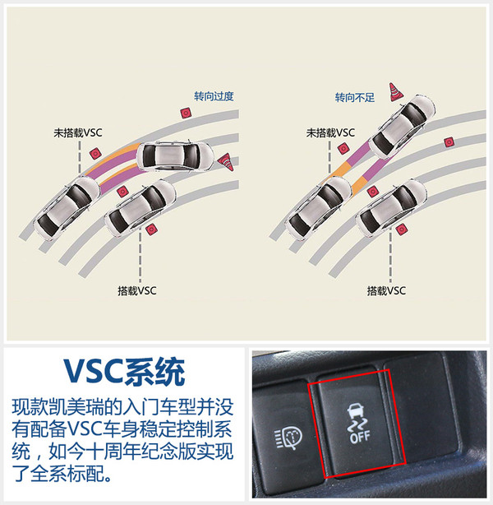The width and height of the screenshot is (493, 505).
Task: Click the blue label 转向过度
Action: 214,96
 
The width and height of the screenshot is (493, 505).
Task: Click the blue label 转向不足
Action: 355,97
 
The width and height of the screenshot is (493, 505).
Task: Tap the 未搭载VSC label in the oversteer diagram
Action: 78,132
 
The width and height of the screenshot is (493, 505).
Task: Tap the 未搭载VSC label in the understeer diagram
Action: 330,132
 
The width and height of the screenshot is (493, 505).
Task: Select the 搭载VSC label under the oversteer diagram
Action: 137,290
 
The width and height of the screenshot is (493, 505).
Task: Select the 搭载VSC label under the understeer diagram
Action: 386,290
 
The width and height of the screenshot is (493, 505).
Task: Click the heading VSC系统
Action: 124,371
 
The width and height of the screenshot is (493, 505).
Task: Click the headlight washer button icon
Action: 288,438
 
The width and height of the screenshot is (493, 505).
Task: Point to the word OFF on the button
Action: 360,437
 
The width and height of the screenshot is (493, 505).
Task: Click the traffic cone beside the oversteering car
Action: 226,162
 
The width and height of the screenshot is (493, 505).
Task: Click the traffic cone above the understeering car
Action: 396,92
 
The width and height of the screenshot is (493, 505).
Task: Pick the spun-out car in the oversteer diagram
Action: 175,156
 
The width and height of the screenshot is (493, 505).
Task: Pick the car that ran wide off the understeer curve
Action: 403,126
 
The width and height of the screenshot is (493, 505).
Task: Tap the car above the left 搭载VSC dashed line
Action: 140,207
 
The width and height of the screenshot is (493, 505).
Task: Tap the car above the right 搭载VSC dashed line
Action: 391,207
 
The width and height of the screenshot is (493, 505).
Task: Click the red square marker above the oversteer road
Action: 186,113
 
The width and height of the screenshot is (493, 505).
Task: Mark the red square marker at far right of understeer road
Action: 449,142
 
